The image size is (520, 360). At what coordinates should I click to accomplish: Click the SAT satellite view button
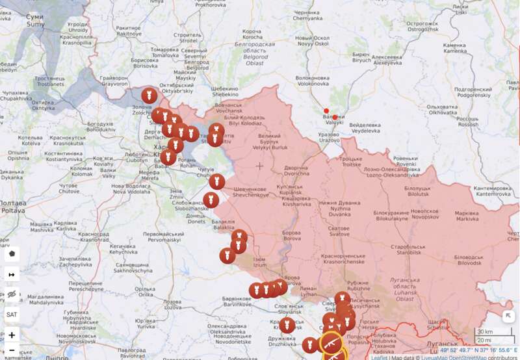12,315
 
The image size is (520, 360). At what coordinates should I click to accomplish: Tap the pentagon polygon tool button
12,253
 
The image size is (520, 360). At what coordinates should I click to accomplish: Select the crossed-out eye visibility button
12,294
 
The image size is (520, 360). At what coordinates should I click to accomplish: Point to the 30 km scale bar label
485,332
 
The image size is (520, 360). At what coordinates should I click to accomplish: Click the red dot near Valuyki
326,111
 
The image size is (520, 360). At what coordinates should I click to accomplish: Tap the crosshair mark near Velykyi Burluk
259,166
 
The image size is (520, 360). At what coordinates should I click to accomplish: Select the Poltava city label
13,207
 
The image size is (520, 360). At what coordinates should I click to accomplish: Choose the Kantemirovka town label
493,190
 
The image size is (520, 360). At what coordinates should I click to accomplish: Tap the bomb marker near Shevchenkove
217,182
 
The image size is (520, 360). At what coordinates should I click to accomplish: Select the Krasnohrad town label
95,237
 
